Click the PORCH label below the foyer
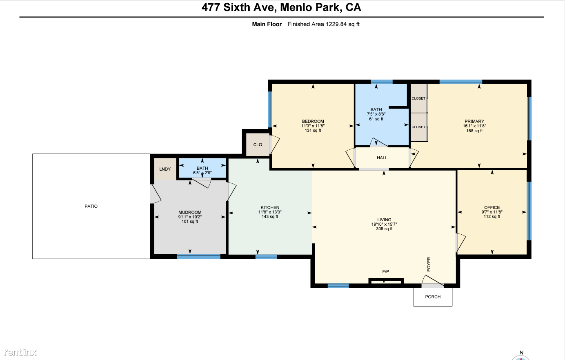[433, 297]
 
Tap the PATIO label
[91, 206]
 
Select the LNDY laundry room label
[165, 169]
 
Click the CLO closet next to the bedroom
[258, 145]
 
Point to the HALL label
[382, 158]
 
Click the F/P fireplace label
[386, 271]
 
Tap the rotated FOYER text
[429, 264]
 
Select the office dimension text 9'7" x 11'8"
[492, 212]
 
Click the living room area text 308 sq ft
[384, 229]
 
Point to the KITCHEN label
[270, 207]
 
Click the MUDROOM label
[190, 212]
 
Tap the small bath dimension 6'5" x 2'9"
[202, 173]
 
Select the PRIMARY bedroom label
[474, 121]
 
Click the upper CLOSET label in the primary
[418, 98]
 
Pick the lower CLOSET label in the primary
[418, 127]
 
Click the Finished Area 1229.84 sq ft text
[324, 24]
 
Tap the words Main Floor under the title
[267, 24]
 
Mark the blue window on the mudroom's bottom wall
[198, 256]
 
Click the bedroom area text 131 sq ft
[313, 130]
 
